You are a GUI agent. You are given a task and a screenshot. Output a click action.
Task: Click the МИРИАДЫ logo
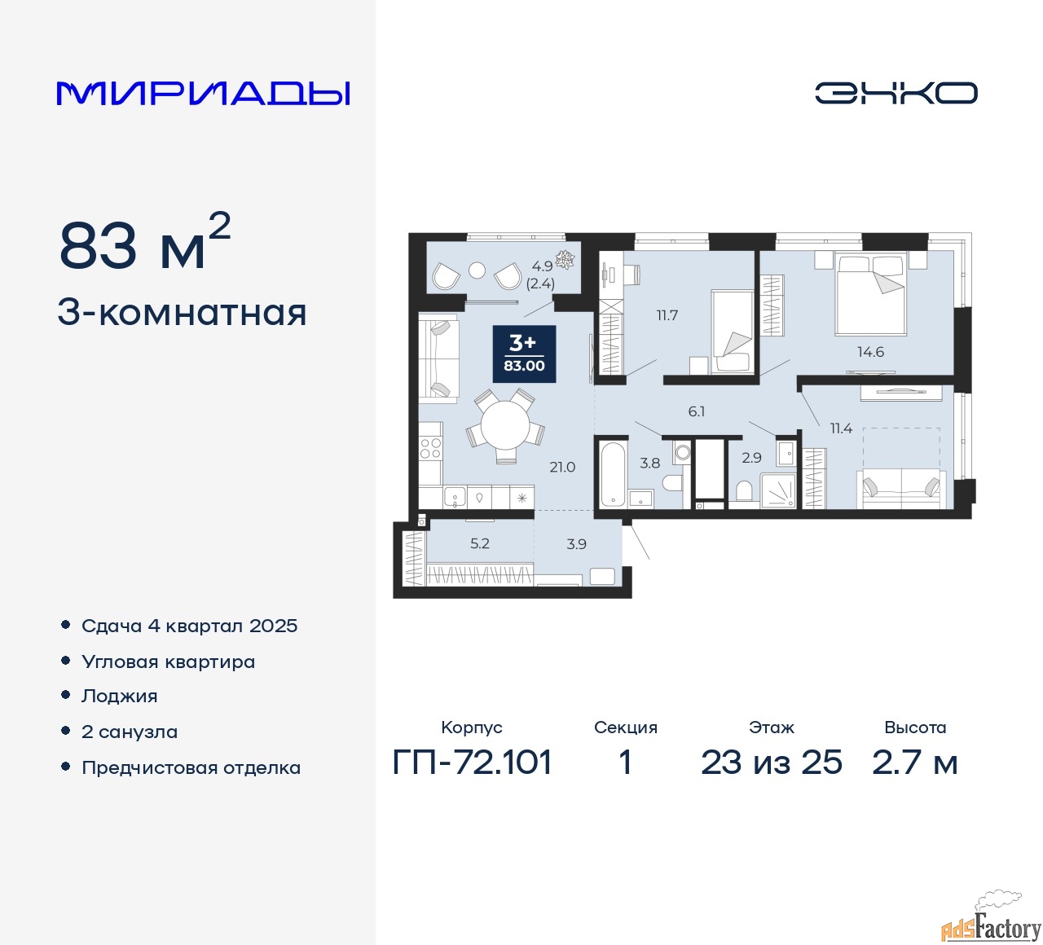tap(203, 94)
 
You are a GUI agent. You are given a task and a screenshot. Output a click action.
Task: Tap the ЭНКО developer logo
tap(896, 93)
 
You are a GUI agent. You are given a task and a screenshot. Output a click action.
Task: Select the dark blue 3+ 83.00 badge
tap(524, 354)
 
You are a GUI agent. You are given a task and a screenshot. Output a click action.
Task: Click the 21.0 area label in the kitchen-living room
tap(562, 467)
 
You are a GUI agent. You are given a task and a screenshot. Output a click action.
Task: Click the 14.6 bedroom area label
tap(870, 352)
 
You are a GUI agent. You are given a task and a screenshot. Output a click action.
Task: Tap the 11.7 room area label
tap(667, 315)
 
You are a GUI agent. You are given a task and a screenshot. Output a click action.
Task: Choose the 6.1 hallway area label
tap(696, 411)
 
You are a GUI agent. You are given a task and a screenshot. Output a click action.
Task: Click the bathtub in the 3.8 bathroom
tap(613, 473)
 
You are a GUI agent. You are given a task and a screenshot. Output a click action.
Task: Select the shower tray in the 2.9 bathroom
tap(778, 490)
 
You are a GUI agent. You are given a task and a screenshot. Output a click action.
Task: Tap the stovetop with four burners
tap(430, 449)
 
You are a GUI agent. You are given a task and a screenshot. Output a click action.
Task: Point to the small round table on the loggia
tap(477, 270)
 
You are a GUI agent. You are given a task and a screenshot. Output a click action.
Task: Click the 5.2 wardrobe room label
tap(479, 543)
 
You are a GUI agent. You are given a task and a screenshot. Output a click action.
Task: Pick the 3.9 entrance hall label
tap(576, 543)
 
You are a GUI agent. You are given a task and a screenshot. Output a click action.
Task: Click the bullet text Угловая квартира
tap(168, 661)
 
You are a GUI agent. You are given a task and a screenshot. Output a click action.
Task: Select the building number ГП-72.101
tap(472, 763)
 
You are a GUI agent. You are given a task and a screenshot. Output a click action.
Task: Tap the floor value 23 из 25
tap(771, 763)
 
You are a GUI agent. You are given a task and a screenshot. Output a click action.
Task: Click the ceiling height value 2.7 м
tap(914, 763)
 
